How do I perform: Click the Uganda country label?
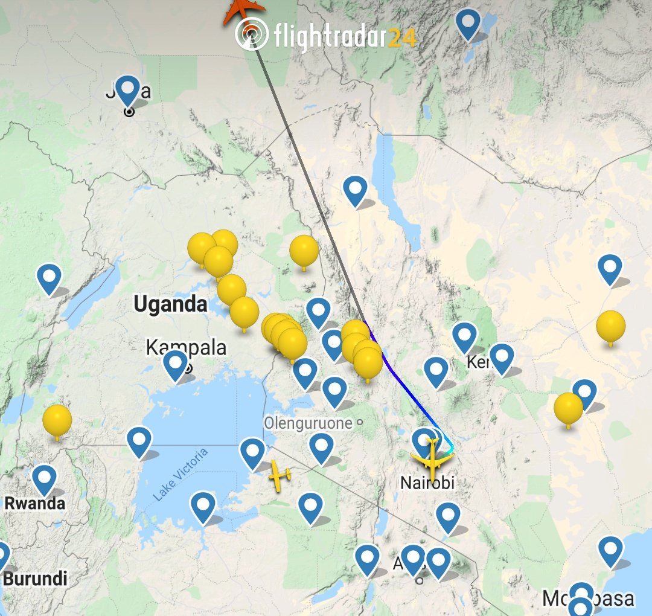coord(170,304)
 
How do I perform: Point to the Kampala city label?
coord(187,348)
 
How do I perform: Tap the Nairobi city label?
coord(427,483)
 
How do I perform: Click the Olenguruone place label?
coord(308,423)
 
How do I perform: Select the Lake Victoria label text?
coord(180,475)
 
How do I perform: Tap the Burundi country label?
coord(35,578)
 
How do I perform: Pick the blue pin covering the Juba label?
coord(127,91)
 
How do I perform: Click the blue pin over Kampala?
coord(176,365)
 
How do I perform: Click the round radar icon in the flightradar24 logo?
coord(252,33)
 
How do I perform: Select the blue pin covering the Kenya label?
coord(502,358)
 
